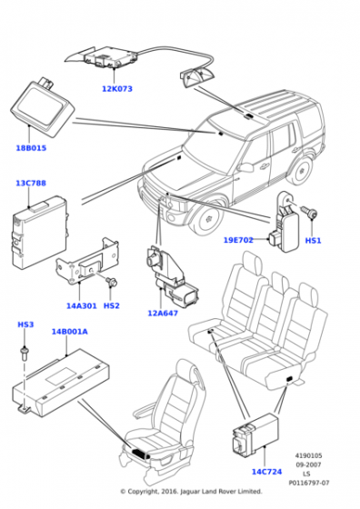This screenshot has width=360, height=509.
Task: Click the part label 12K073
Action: click(117, 89)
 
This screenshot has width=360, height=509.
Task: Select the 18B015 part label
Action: click(31, 148)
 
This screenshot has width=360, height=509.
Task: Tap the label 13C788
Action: click(31, 183)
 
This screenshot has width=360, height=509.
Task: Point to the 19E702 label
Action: click(238, 240)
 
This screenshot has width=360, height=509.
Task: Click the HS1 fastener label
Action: click(313, 241)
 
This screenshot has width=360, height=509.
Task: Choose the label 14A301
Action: click(82, 305)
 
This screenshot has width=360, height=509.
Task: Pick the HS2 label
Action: click(111, 305)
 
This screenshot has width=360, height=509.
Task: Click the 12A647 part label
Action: click(163, 314)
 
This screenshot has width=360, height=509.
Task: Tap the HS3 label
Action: click(25, 324)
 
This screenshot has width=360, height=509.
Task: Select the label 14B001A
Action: click(69, 332)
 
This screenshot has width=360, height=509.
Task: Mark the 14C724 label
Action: click(267, 472)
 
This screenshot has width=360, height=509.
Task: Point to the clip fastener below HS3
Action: click(24, 354)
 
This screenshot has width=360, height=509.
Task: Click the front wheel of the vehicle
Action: click(207, 219)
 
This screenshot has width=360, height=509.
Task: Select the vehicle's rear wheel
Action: click(302, 170)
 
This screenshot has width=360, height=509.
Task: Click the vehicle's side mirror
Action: click(245, 167)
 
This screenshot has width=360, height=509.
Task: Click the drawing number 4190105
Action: click(308, 456)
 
